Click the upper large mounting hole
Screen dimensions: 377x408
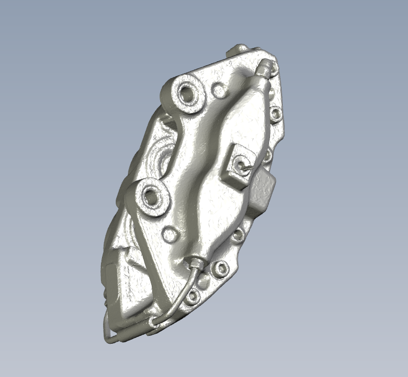coord(188,93)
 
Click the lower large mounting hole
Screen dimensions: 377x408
coord(153,196)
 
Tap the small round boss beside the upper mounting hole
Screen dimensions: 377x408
coord(218,90)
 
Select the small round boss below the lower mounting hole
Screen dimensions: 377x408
coord(170,234)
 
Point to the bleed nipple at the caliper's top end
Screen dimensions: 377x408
coord(266,67)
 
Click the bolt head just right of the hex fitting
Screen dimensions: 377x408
coord(219,270)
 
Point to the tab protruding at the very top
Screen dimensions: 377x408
coord(238,49)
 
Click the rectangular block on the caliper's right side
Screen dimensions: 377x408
coord(263,188)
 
